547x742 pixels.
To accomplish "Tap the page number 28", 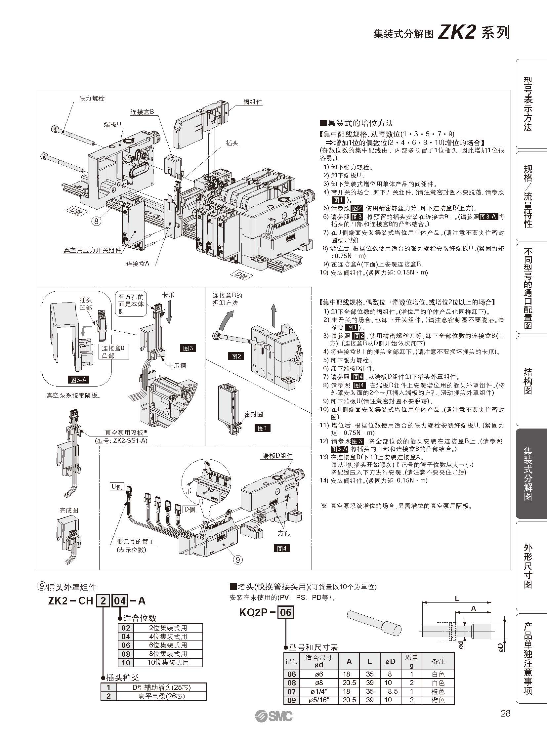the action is (x=506, y=713).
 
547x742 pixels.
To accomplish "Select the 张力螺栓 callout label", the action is (x=92, y=99).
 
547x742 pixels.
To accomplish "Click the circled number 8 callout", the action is (x=96, y=221).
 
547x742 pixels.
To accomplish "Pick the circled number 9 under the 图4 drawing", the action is (x=238, y=560).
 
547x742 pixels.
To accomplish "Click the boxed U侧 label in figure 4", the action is (x=117, y=486).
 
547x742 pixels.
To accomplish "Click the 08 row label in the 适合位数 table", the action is (x=126, y=654).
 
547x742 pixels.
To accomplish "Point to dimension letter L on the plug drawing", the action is (x=457, y=598).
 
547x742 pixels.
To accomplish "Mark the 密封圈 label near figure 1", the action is (x=254, y=414).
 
